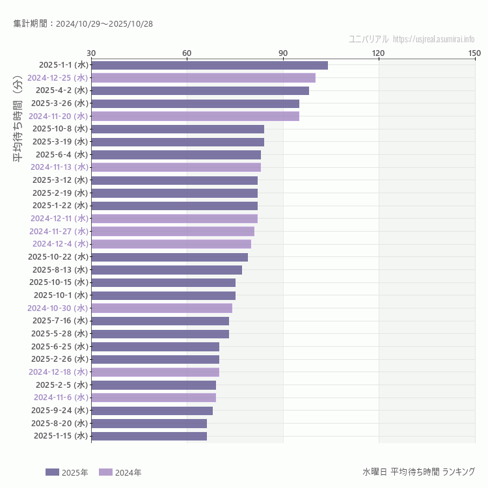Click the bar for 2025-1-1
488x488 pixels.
click(x=210, y=65)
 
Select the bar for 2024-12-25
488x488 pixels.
click(x=203, y=78)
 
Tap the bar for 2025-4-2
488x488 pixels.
click(x=200, y=90)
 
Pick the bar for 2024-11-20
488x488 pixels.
click(x=195, y=116)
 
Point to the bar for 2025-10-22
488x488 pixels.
click(x=169, y=257)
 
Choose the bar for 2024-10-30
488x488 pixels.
click(x=161, y=308)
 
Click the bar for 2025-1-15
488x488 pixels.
click(x=149, y=436)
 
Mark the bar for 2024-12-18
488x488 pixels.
click(x=155, y=372)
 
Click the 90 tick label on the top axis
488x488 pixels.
click(x=283, y=53)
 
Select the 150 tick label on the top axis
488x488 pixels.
click(x=474, y=53)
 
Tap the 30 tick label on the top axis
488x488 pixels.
click(x=91, y=53)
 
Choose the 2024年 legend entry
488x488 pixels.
click(x=120, y=472)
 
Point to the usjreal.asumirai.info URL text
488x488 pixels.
click(x=434, y=39)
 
